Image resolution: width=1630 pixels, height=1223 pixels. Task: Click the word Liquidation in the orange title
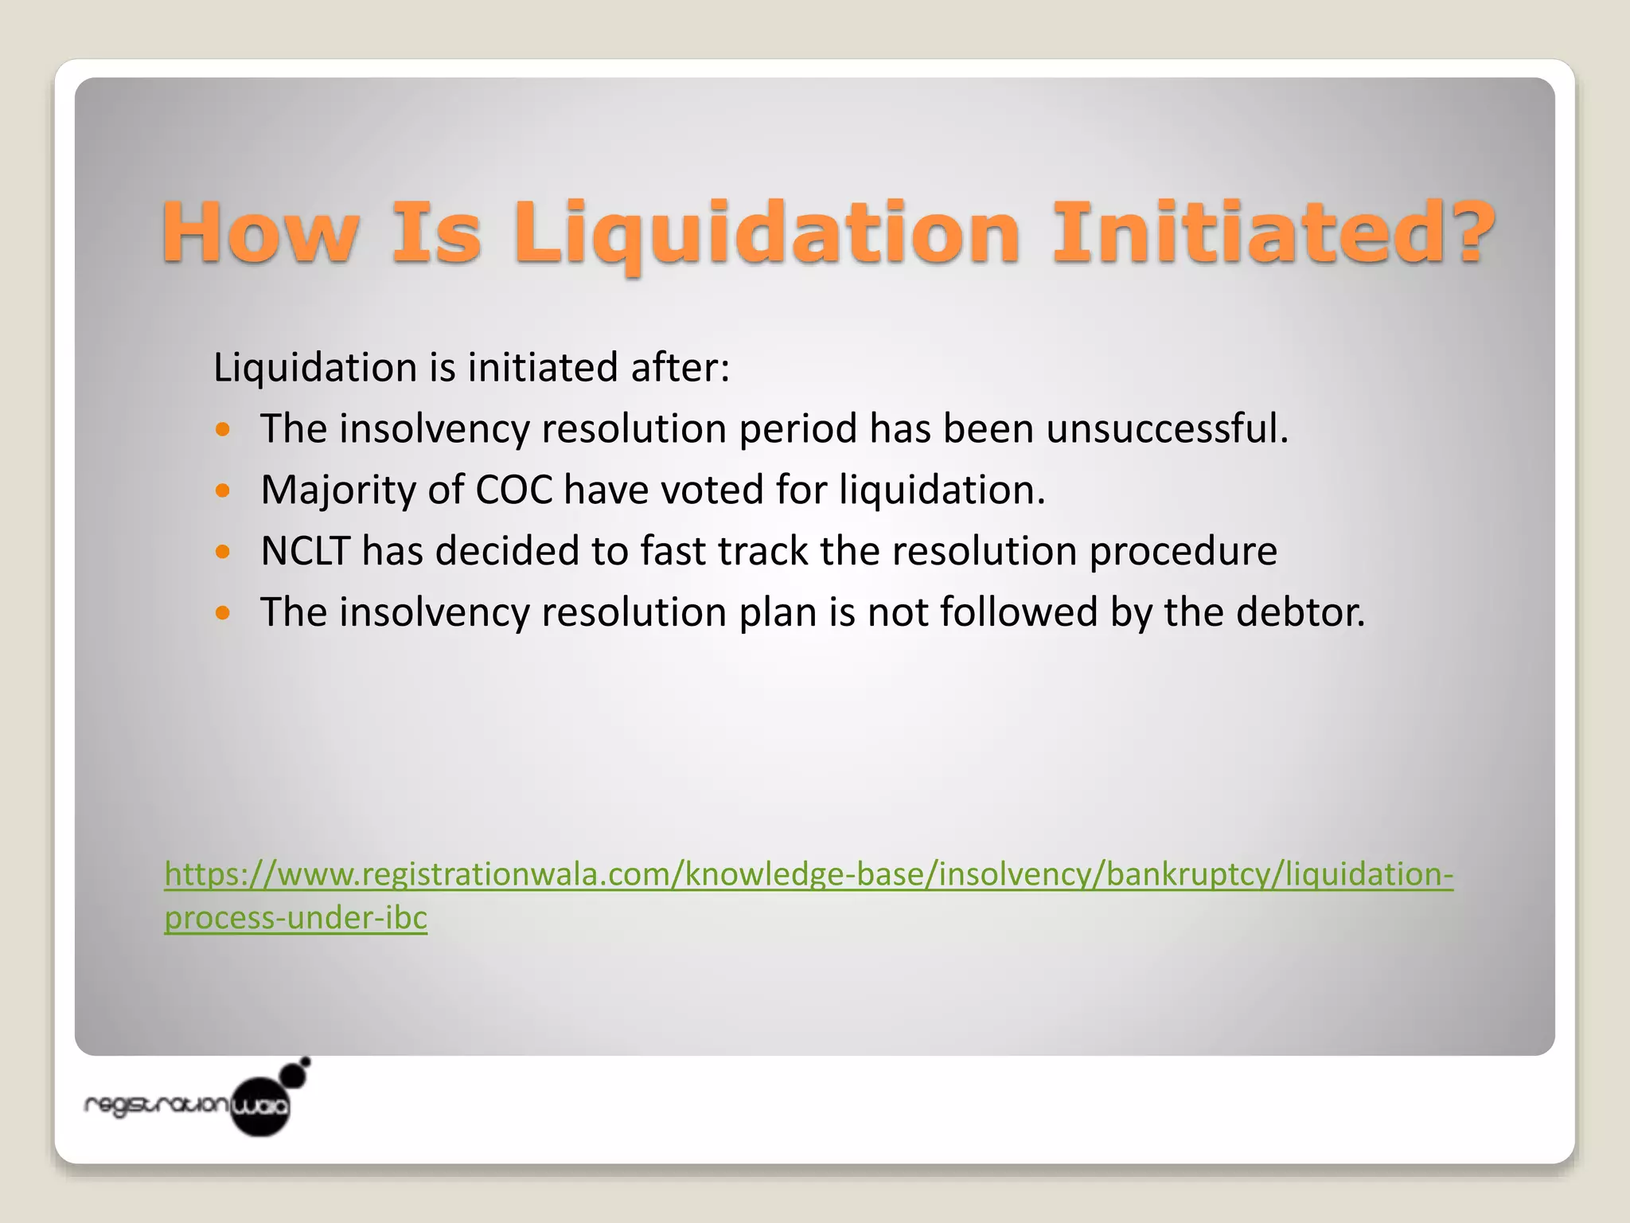pyautogui.click(x=766, y=232)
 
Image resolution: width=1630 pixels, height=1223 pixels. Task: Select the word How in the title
pyautogui.click(x=259, y=232)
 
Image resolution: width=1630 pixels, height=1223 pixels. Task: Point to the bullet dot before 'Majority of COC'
pyautogui.click(x=223, y=490)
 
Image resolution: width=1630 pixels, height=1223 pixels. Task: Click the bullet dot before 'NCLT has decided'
pyautogui.click(x=223, y=552)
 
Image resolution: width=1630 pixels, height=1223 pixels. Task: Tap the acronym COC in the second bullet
pyautogui.click(x=513, y=490)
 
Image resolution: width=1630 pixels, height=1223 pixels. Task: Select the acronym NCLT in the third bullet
pyautogui.click(x=306, y=551)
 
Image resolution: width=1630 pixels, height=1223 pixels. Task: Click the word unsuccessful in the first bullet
pyautogui.click(x=1167, y=428)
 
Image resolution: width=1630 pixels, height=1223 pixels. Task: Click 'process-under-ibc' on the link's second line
pyautogui.click(x=296, y=918)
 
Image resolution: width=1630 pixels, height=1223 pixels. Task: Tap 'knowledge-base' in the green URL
pyautogui.click(x=805, y=874)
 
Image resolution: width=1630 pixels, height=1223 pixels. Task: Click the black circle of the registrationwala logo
pyautogui.click(x=260, y=1106)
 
